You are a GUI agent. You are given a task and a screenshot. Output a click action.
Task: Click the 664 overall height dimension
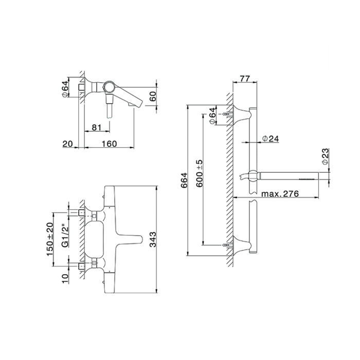point(184,181)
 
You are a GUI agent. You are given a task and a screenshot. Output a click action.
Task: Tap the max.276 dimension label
point(280,194)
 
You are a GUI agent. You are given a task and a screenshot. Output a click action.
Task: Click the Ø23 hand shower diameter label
point(326,156)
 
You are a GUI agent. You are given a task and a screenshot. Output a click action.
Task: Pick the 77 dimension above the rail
point(244,79)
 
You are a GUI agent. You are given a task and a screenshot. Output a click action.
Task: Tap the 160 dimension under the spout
point(109,143)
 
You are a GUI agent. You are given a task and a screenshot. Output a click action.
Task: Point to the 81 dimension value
point(96,127)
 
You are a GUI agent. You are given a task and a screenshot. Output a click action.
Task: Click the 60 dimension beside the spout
point(153,95)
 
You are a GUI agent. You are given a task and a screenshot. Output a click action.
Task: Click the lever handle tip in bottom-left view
point(140,239)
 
